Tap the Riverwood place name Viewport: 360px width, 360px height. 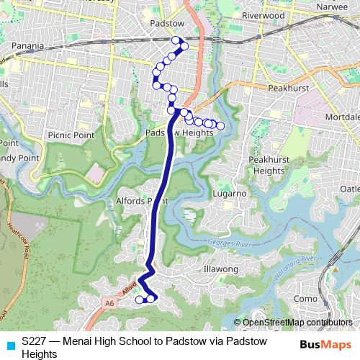[264, 14]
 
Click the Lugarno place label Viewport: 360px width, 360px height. [230, 194]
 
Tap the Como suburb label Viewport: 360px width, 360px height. [306, 298]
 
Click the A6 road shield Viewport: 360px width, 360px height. [108, 304]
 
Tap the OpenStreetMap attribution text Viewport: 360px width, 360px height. [296, 323]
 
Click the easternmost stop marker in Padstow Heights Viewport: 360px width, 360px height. [220, 126]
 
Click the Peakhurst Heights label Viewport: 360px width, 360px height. [268, 165]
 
